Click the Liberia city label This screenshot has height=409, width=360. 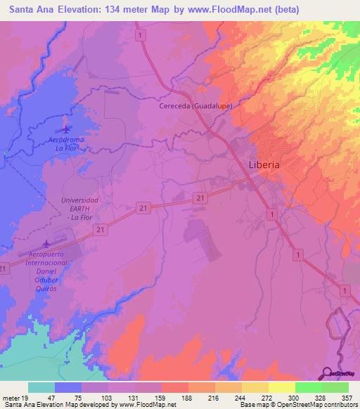(264, 164)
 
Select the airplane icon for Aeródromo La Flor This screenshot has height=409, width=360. (67, 129)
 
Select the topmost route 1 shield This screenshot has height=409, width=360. (141, 34)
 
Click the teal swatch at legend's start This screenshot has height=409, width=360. (41, 387)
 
